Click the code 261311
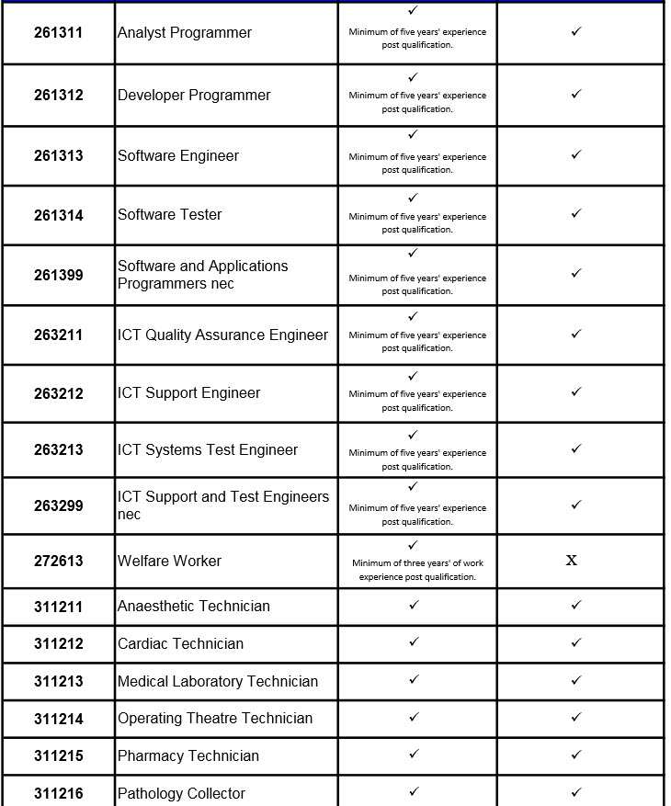58,33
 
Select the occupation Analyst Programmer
184,33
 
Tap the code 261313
58,156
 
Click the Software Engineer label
177,156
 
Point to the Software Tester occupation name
169,215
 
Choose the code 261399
58,275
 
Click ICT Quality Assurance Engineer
222,335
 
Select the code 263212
58,394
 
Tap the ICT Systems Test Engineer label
207,450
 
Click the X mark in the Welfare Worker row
572,561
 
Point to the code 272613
58,562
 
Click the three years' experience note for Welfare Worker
417,570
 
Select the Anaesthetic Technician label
193,607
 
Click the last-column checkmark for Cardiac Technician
576,642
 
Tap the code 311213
58,682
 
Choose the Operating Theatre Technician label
214,719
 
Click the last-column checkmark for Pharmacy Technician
576,755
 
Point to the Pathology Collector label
181,794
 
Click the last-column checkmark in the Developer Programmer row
576,94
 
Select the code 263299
58,506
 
